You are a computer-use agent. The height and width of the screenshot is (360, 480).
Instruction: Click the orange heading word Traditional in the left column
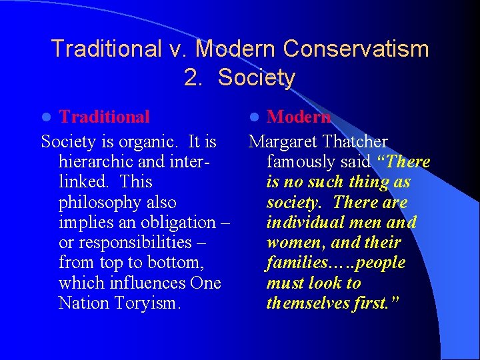pos(104,117)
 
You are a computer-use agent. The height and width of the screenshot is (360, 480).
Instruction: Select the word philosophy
pos(117,203)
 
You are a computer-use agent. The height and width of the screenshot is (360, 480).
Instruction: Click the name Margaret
pos(283,142)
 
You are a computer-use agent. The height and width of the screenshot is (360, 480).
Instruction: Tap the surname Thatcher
pos(355,142)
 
